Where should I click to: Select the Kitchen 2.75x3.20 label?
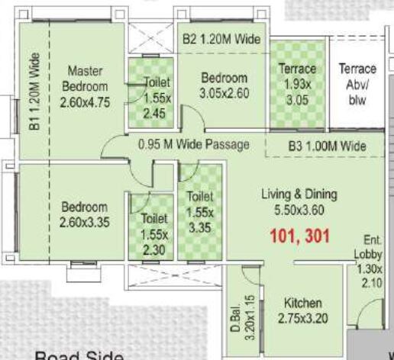[x=302, y=310]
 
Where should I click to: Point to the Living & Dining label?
[x=299, y=201]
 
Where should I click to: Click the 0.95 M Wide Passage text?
[x=195, y=143]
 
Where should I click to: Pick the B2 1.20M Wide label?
[x=221, y=38]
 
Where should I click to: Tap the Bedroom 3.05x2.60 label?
[x=224, y=85]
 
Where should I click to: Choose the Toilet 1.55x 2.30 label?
[x=154, y=233]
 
